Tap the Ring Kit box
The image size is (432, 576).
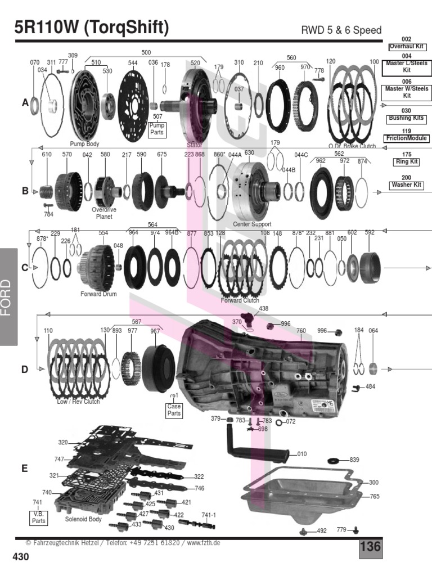[406, 161]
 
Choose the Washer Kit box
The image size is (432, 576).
[406, 184]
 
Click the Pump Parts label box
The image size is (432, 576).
[157, 130]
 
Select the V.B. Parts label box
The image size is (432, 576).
[38, 517]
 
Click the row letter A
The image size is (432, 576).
[25, 102]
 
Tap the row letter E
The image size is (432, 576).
[24, 467]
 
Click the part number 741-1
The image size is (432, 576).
[209, 515]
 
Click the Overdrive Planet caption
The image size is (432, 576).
[103, 213]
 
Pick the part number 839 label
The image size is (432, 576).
[354, 460]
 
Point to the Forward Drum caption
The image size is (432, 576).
[98, 294]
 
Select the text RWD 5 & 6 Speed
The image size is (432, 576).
[341, 30]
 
